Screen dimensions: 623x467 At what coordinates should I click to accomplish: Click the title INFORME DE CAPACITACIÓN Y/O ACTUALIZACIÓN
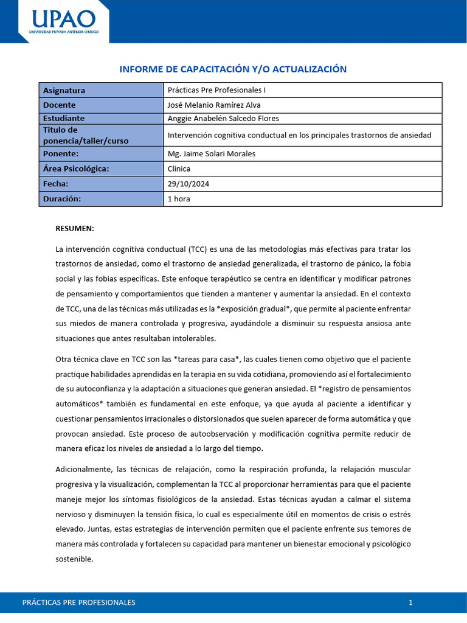coord(233,69)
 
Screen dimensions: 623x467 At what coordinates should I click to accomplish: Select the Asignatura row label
coord(64,90)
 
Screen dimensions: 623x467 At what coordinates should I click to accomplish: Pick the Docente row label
coord(60,105)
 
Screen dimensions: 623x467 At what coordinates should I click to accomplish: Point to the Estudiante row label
coord(64,118)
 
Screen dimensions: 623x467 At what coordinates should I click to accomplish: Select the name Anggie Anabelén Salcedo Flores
coord(223,118)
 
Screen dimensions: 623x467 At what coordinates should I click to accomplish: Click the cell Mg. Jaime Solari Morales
coord(211,153)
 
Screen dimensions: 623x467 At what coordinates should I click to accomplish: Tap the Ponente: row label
coord(61,153)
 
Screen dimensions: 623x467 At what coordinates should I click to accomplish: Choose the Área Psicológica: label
coord(76,169)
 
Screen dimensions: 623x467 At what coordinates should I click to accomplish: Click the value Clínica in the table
coord(179,169)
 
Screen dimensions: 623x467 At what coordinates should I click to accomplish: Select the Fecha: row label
coord(56,184)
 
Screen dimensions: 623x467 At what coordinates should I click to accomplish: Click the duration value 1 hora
coord(179,198)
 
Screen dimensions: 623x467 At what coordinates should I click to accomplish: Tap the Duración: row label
coord(62,198)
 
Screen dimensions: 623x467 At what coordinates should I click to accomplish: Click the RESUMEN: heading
coord(75,228)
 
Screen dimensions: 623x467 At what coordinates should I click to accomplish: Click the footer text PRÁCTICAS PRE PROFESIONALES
coord(78,602)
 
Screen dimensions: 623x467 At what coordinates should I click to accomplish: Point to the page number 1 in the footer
coord(410,602)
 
